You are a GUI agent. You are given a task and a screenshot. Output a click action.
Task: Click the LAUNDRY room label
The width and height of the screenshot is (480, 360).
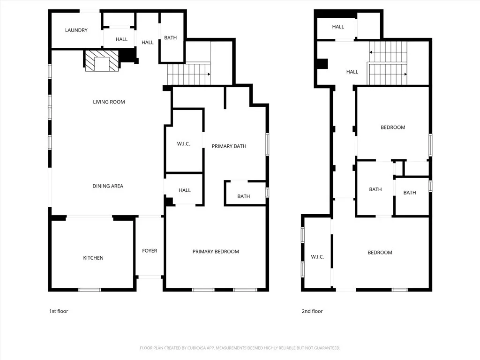(x=76, y=30)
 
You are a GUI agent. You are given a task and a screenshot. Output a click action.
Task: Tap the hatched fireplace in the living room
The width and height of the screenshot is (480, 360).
(x=102, y=61)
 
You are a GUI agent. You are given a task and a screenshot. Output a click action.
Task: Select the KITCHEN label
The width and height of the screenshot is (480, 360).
(x=93, y=258)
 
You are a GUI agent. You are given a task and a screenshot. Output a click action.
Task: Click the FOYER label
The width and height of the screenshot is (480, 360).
(x=150, y=251)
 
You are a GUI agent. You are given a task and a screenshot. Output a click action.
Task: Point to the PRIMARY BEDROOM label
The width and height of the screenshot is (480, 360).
(x=216, y=252)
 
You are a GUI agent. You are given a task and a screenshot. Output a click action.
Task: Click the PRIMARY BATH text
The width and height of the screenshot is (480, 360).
(x=229, y=146)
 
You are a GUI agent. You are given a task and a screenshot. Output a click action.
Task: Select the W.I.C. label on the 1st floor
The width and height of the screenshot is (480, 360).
(x=183, y=144)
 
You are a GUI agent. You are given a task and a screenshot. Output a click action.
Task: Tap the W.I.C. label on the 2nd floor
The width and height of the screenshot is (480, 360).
(x=317, y=257)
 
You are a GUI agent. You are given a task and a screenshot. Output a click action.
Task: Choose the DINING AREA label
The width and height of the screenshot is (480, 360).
(x=108, y=186)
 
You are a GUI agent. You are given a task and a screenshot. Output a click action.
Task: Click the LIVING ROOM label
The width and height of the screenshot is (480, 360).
(x=109, y=102)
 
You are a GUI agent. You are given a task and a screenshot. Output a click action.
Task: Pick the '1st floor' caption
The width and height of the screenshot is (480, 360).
(x=59, y=311)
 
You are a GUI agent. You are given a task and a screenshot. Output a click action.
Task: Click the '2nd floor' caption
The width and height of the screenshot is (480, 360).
(x=312, y=311)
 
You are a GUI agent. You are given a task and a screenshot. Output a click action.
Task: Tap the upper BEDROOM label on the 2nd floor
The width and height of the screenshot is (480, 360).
(x=393, y=127)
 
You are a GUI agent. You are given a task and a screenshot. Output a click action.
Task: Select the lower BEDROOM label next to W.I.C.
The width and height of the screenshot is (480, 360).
(x=380, y=253)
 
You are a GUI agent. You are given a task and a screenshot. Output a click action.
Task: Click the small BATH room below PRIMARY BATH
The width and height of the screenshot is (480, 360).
(x=243, y=196)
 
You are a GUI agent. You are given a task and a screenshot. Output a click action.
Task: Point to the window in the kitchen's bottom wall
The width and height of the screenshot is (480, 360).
(x=90, y=290)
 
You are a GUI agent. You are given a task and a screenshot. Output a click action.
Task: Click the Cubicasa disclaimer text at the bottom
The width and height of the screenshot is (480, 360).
(x=240, y=348)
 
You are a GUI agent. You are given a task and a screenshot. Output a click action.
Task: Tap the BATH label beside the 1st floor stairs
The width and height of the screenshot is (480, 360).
(x=171, y=38)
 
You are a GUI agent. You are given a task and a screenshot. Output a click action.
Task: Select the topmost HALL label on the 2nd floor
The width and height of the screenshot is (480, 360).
(x=338, y=27)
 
